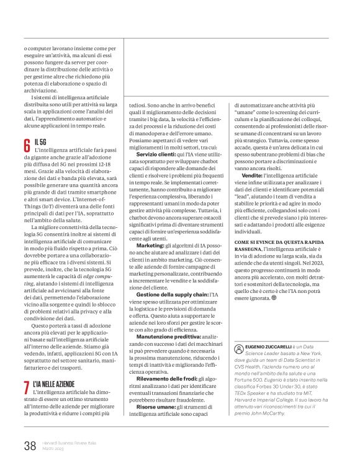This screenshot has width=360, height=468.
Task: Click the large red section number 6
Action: (27, 145)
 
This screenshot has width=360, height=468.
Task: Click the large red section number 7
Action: (27, 387)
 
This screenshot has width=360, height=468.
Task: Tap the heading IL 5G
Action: (41, 142)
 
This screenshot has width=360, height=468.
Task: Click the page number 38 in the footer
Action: (30, 446)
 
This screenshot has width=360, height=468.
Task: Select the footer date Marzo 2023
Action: (55, 449)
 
